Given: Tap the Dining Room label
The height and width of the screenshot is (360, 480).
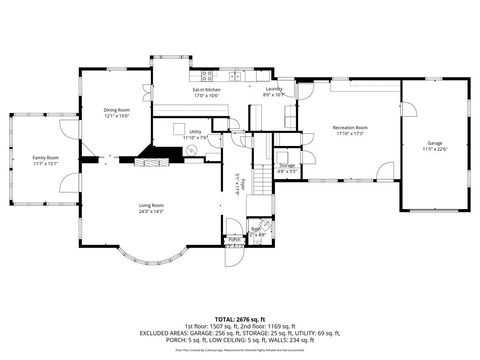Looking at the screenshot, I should click(117, 110).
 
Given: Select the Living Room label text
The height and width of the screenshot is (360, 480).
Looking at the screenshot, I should click(151, 205).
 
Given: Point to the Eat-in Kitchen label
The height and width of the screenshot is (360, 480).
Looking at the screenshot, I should click(206, 91).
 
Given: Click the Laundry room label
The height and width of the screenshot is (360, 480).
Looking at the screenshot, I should click(274, 89).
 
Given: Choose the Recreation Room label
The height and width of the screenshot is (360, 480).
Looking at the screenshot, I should click(350, 127).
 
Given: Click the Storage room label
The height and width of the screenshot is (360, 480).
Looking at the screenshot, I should click(287, 165).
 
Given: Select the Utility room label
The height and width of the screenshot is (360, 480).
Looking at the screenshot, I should click(195, 132).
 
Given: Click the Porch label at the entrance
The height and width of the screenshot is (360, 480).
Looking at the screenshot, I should click(235, 239).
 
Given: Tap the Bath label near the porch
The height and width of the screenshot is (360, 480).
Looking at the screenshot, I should click(255, 229).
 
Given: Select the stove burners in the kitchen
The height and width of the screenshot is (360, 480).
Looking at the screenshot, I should click(209, 74).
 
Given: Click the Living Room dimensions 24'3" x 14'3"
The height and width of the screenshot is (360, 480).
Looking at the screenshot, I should click(151, 211).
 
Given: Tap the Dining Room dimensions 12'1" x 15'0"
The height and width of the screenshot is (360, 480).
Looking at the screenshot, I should click(117, 116).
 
